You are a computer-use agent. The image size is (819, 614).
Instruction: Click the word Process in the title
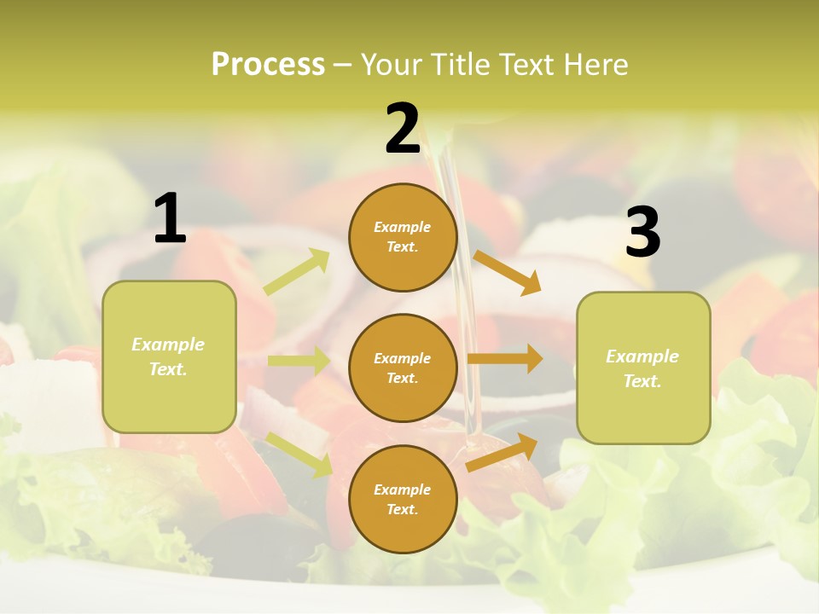[268, 65]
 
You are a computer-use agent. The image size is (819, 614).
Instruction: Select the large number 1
[170, 219]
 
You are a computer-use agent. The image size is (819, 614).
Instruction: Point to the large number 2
[403, 130]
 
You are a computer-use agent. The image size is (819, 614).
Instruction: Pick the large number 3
[642, 233]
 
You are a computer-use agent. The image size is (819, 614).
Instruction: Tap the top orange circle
[403, 237]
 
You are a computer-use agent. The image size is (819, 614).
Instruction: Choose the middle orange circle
[403, 368]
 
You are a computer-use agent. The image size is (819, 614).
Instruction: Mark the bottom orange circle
[403, 499]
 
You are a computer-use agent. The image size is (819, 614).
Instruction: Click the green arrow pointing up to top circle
[297, 272]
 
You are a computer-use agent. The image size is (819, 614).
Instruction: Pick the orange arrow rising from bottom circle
[502, 453]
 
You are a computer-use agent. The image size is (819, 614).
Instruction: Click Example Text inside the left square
[168, 356]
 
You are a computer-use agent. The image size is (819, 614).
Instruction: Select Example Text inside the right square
[642, 368]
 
